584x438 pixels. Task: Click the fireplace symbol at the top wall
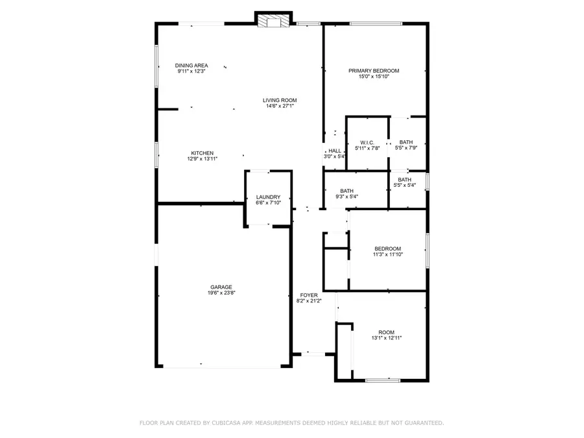tap(273, 21)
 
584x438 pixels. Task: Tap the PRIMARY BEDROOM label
tap(374, 71)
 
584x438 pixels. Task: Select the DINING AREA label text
tap(191, 66)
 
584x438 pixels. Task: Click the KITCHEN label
tap(202, 153)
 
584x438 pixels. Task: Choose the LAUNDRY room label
tap(268, 197)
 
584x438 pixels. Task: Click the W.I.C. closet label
tap(367, 143)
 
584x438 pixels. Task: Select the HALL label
tap(335, 151)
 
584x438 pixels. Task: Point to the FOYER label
tap(308, 295)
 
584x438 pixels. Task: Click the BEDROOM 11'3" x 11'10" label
tap(387, 249)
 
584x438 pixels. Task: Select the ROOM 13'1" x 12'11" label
tap(386, 332)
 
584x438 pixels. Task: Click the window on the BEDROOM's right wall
tap(427, 250)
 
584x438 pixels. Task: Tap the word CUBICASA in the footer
tap(224, 423)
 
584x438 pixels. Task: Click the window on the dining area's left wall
tap(156, 65)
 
